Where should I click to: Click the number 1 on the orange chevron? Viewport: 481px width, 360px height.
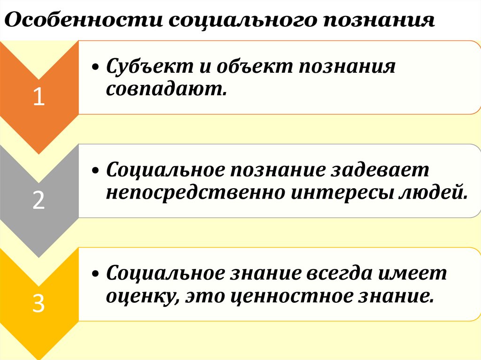[x=39, y=98]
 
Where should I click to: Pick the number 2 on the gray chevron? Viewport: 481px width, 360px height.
[x=39, y=200]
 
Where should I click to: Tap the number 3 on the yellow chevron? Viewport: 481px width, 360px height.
[x=39, y=304]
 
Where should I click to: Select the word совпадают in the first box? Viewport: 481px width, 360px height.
[x=167, y=88]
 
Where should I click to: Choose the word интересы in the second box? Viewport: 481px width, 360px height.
[x=336, y=191]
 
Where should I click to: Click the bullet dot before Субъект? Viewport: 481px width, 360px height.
[x=96, y=68]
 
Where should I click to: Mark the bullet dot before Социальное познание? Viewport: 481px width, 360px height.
[x=96, y=171]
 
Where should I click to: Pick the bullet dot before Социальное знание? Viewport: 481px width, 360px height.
[x=96, y=274]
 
